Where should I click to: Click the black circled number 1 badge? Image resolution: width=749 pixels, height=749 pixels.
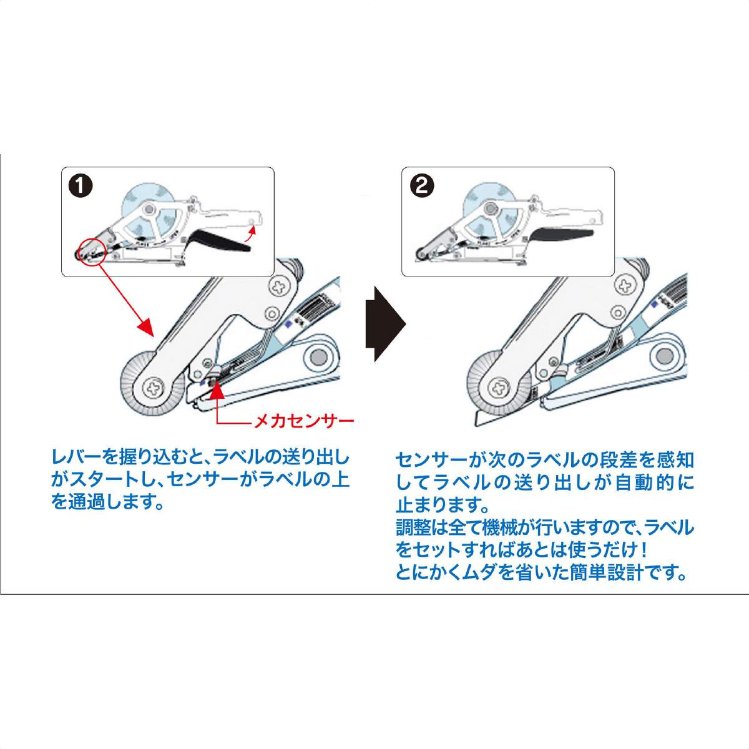point(81,186)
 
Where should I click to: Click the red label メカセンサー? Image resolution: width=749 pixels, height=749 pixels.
point(304,421)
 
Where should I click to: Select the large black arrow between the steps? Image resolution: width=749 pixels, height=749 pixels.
point(386,325)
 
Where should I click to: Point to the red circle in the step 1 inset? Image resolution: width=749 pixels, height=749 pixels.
point(92,251)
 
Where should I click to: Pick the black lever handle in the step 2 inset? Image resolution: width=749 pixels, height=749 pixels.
point(561,235)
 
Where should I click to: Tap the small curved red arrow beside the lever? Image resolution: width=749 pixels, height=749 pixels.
point(251,235)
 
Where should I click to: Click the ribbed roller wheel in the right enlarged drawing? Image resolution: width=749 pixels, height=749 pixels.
point(499,388)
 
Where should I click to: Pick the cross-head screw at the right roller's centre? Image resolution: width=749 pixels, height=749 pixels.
point(499,388)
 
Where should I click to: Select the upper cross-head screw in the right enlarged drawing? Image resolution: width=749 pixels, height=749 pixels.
point(625,284)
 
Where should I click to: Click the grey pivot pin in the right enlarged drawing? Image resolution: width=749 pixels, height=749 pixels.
point(664,354)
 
